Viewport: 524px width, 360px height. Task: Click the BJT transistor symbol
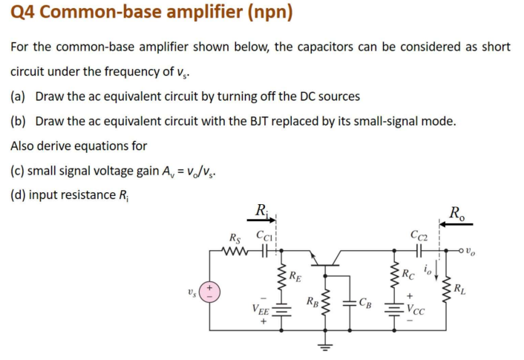pos(324,257)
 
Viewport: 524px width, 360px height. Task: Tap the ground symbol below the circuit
pos(324,346)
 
